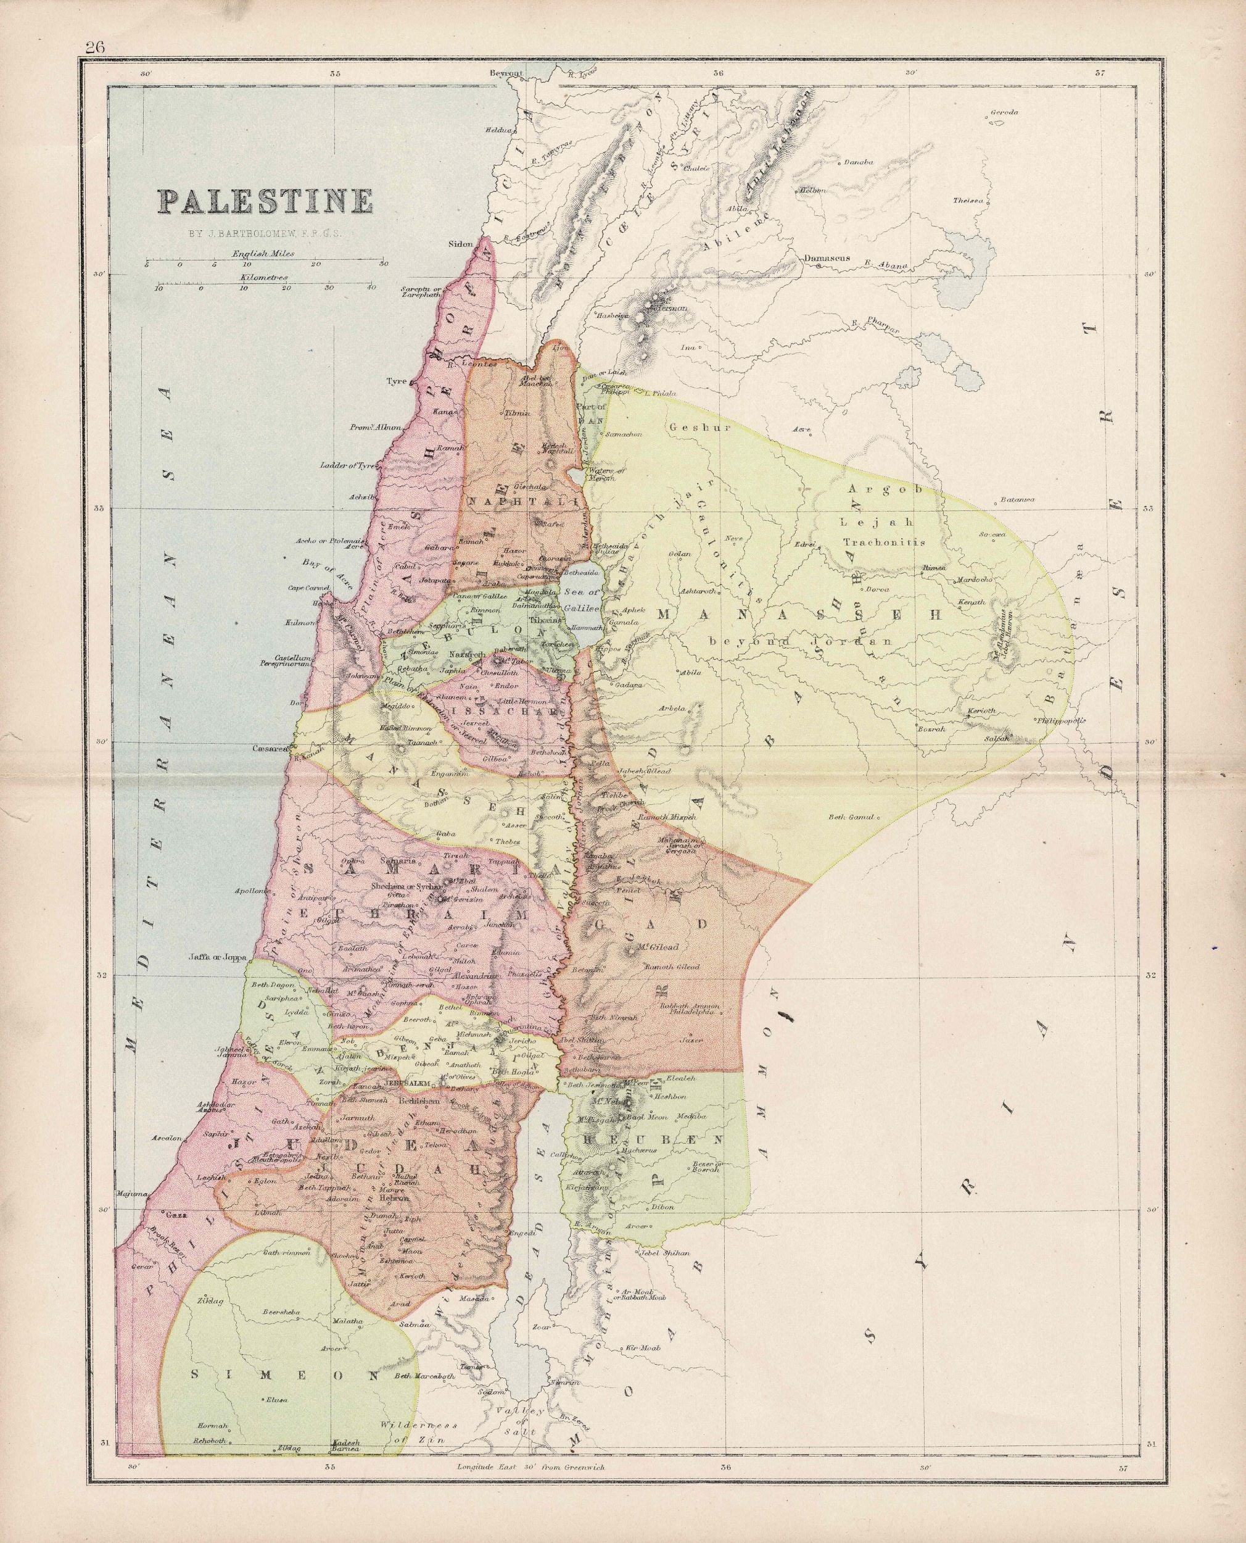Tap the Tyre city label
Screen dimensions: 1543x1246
396,381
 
